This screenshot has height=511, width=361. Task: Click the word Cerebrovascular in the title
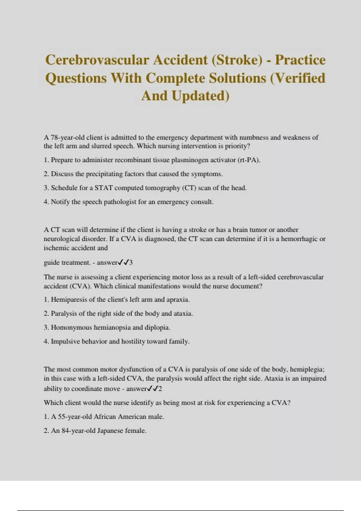click(97, 60)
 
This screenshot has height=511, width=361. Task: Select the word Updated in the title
click(200, 96)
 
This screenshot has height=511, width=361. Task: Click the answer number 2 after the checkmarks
click(160, 389)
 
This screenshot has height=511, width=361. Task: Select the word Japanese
click(108, 430)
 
